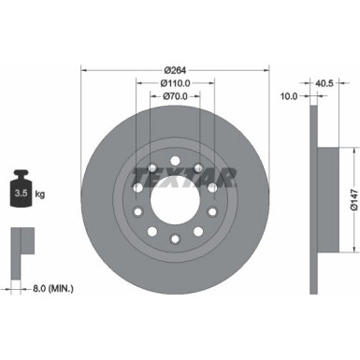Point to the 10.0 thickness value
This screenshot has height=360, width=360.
[289, 96]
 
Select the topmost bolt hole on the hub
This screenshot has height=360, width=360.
[174, 147]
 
